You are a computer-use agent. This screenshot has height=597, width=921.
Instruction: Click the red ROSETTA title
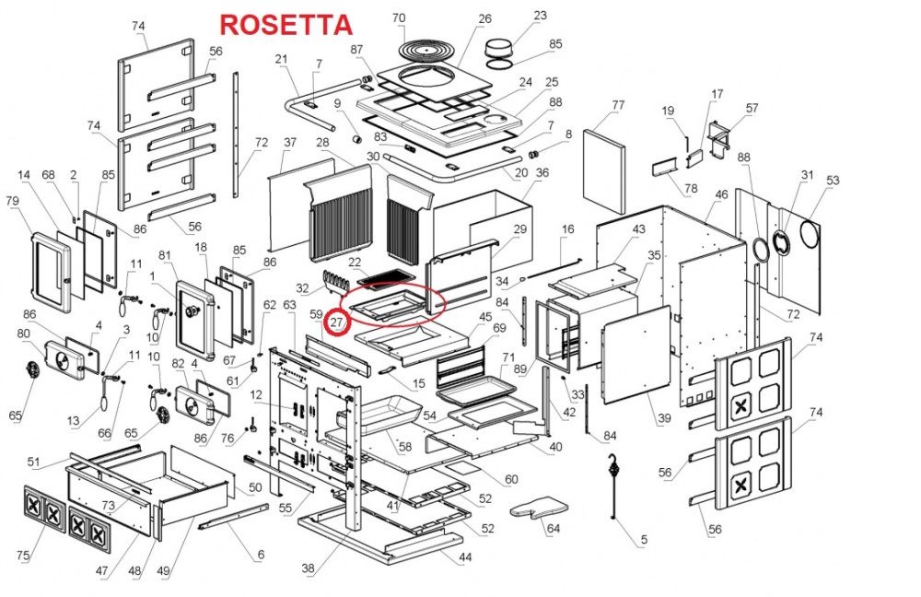point(285,25)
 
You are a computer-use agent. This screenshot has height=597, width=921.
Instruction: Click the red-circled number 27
point(338,323)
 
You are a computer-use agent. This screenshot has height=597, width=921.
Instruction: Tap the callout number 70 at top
point(398,18)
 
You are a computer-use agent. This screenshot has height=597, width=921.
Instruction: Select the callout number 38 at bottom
point(308,568)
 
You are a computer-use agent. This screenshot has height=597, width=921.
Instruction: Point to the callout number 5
point(644,540)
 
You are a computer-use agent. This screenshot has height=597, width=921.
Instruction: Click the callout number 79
point(12,202)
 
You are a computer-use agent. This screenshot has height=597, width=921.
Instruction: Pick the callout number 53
point(833,181)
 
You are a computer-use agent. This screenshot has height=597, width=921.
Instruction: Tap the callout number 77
point(618,105)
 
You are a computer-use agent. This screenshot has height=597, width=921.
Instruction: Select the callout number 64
point(553,529)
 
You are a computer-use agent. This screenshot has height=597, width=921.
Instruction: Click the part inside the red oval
point(391,304)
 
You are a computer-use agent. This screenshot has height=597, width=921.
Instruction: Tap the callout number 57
point(752,109)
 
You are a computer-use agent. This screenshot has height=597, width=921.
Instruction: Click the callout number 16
point(567,229)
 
